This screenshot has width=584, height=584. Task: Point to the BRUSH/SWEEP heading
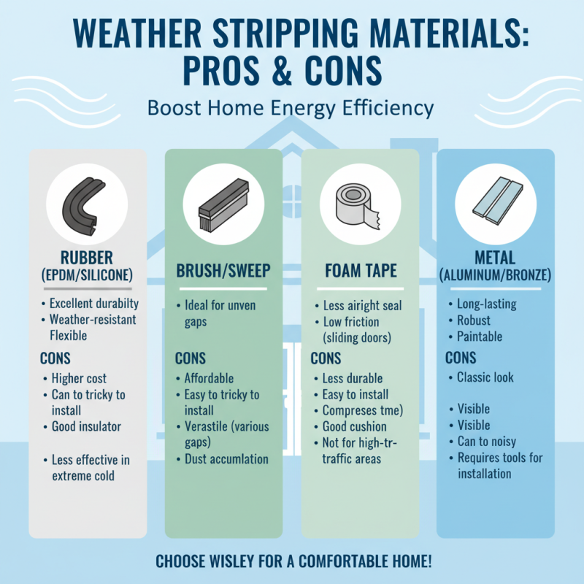tap(223, 272)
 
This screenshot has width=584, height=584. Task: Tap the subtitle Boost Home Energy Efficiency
tap(291, 108)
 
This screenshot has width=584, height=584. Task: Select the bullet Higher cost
tap(79, 378)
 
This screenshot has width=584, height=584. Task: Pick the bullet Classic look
tap(485, 377)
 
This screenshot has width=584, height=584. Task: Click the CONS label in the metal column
tap(461, 358)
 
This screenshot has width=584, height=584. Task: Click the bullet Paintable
tap(480, 337)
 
